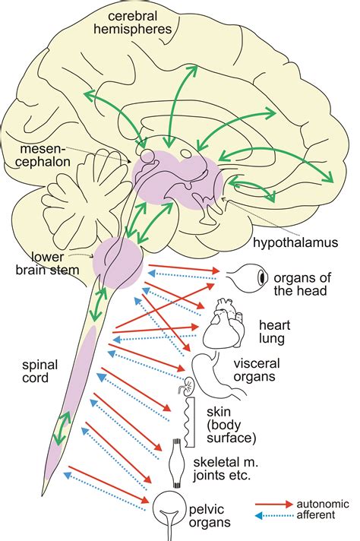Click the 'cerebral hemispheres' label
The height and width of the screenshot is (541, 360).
click(133, 23)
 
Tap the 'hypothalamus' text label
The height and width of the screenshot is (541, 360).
click(295, 242)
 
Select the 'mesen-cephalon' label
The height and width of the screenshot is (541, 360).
click(43, 155)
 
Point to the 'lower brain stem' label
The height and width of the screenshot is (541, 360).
click(47, 263)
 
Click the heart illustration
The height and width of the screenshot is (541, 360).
click(224, 324)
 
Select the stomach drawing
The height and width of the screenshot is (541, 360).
click(217, 375)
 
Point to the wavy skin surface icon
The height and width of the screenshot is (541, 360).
click(190, 422)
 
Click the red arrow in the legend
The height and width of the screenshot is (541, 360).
click(274, 504)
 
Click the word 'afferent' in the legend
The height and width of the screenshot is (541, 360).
click(316, 515)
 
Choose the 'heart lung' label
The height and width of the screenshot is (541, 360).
click(274, 331)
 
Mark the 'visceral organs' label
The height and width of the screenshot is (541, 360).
click(257, 369)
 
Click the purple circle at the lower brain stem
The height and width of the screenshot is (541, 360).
click(118, 263)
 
